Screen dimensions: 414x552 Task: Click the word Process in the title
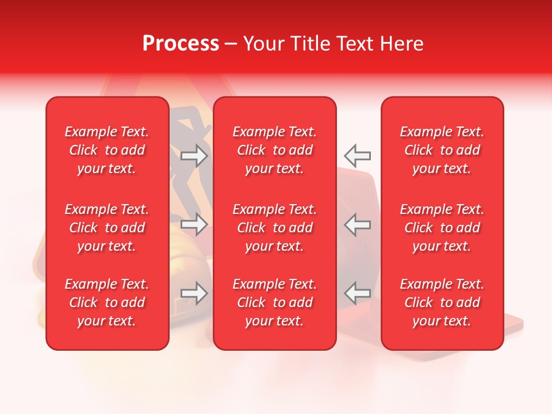pyautogui.click(x=181, y=44)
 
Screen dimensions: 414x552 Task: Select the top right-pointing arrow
pyautogui.click(x=194, y=155)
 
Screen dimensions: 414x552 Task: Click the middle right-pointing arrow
pyautogui.click(x=194, y=224)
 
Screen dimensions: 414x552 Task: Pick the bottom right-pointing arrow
pyautogui.click(x=194, y=293)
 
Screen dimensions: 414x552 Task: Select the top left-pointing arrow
pyautogui.click(x=357, y=155)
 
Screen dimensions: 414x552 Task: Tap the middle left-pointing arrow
pyautogui.click(x=357, y=224)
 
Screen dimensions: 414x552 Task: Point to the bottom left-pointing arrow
pyautogui.click(x=357, y=293)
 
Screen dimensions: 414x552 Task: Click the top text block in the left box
pyautogui.click(x=107, y=150)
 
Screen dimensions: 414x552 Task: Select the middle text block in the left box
pyautogui.click(x=107, y=228)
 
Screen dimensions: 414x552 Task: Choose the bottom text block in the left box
pyautogui.click(x=107, y=302)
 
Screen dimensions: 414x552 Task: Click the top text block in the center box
pyautogui.click(x=274, y=150)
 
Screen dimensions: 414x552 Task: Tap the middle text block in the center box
pyautogui.click(x=274, y=228)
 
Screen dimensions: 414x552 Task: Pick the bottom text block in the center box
pyautogui.click(x=274, y=302)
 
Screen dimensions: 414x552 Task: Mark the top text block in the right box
pyautogui.click(x=442, y=150)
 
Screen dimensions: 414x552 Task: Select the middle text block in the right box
pyautogui.click(x=442, y=228)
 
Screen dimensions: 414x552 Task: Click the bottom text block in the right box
pyautogui.click(x=442, y=302)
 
